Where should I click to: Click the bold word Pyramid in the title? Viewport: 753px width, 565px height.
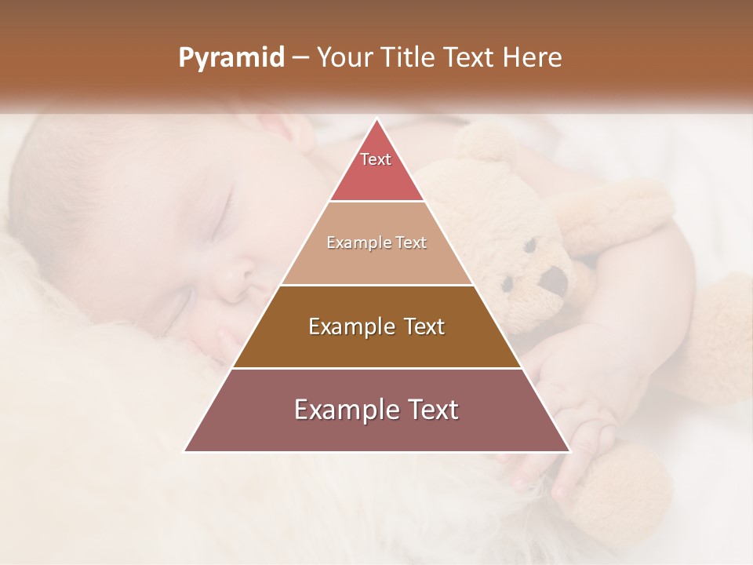click(x=231, y=57)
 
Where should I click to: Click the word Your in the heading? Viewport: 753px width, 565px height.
click(x=345, y=57)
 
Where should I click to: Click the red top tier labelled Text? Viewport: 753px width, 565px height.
click(x=376, y=169)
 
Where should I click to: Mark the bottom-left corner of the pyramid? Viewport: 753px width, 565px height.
click(x=185, y=451)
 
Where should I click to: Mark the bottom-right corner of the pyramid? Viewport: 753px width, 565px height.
click(x=569, y=451)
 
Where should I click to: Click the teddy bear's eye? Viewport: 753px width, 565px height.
click(x=529, y=245)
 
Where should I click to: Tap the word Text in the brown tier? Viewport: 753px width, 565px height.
click(x=422, y=326)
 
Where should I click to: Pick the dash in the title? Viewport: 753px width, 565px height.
click(x=300, y=57)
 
